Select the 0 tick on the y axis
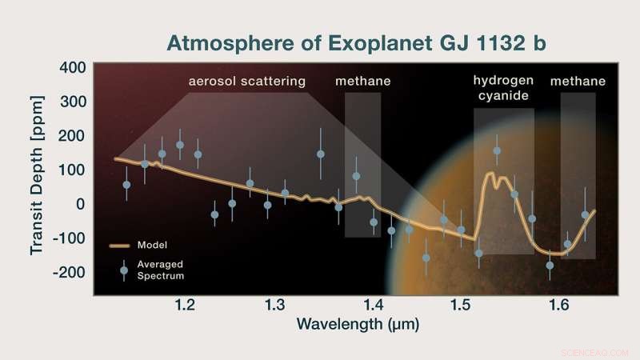(78, 204)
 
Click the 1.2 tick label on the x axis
(185, 305)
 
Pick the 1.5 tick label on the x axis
(459, 305)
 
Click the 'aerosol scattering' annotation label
(247, 82)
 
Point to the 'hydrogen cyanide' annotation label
(502, 88)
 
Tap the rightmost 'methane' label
(578, 82)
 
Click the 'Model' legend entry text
(152, 245)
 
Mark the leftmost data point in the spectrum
(126, 185)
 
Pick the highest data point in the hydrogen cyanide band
(497, 150)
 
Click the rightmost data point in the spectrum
(585, 214)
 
